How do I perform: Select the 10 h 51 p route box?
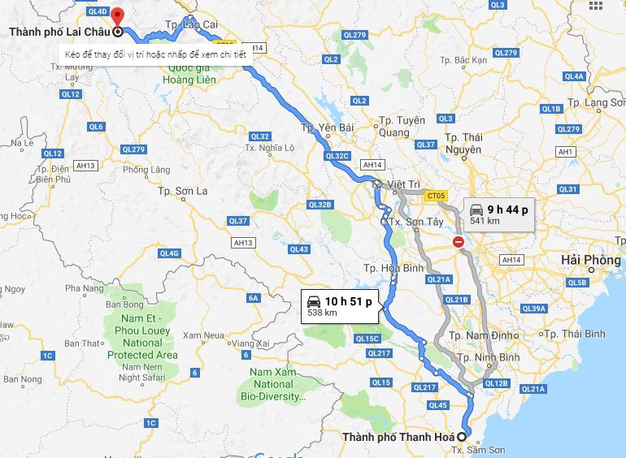[340, 305]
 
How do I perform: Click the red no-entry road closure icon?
[459, 242]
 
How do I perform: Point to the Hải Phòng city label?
[590, 259]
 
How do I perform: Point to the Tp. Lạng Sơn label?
[596, 102]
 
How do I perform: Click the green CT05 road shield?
[436, 196]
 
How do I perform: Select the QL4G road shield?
[169, 253]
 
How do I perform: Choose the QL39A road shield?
[534, 309]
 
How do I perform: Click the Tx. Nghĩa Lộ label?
[270, 148]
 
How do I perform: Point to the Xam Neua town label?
[203, 335]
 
